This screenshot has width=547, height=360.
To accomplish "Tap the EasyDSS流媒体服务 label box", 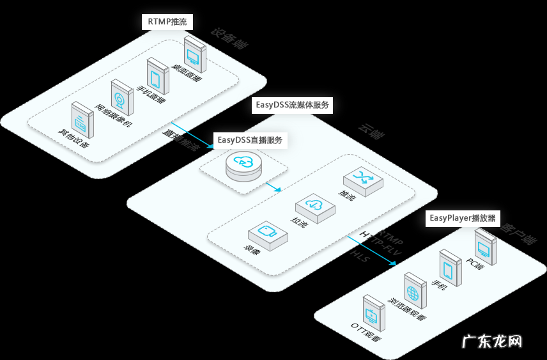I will click(291, 105).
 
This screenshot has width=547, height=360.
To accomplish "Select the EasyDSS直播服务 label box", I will click(250, 139).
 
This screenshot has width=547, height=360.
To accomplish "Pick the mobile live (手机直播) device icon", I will click(156, 75).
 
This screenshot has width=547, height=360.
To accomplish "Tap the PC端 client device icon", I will click(486, 246).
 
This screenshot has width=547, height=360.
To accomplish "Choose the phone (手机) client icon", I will click(450, 267).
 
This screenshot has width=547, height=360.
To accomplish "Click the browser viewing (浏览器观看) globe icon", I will click(413, 290).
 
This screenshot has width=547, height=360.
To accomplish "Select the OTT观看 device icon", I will click(373, 313).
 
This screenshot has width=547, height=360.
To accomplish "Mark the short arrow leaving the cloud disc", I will click(273, 187).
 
